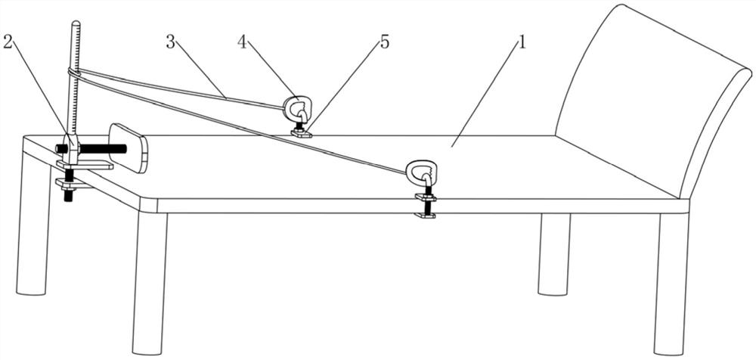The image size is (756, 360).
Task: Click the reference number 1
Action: click(518, 44)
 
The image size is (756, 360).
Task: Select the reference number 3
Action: click(172, 42)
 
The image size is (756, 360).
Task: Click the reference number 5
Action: click(385, 42)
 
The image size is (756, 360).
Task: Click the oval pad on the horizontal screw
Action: click(129, 147)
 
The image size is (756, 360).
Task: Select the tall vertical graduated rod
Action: click(73, 83)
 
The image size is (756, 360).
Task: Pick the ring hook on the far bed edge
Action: click(296, 107)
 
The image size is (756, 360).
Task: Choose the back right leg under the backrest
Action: click(553, 253)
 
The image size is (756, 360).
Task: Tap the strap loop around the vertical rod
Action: click(73, 73)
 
